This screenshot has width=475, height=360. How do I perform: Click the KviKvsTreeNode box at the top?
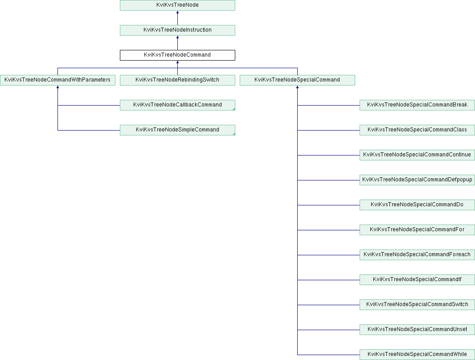(x=177, y=5)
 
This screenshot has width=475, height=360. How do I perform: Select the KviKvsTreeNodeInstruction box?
(x=177, y=30)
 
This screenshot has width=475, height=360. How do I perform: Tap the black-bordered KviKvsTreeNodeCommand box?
(x=177, y=55)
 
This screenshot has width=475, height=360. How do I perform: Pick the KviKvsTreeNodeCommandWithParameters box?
(x=57, y=80)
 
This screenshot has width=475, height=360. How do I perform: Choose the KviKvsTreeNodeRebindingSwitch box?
(x=177, y=80)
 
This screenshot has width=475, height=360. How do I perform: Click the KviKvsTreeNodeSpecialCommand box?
(x=297, y=80)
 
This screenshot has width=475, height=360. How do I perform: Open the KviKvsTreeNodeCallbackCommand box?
(x=177, y=105)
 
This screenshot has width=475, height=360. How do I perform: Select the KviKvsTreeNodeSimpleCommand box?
(x=177, y=130)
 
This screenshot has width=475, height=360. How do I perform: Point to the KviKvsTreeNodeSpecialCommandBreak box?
(x=417, y=105)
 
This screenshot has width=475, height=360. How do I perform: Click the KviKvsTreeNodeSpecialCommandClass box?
(x=417, y=130)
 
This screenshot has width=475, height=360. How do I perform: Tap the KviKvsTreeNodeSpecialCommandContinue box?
(x=417, y=155)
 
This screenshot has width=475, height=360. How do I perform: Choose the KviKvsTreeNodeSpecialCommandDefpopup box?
(x=417, y=180)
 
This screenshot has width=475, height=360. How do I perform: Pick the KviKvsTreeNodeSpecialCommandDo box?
(x=417, y=205)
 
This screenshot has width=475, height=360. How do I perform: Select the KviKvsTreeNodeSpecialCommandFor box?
(x=417, y=230)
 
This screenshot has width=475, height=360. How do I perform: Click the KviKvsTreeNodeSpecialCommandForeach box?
(x=417, y=255)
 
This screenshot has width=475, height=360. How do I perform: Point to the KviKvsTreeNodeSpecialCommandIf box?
(x=417, y=279)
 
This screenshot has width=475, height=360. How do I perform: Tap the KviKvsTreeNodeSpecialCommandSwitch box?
(x=417, y=305)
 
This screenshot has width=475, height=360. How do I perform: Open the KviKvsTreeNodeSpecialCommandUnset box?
(x=417, y=329)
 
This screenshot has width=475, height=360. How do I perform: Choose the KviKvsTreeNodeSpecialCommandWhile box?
(x=417, y=355)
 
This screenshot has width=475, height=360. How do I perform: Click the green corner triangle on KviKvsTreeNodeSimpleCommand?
(x=234, y=134)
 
